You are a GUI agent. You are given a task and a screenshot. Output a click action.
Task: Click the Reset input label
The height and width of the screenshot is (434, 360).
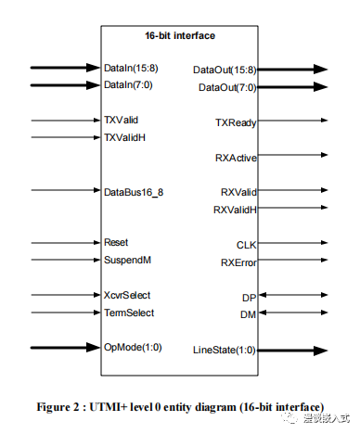[117, 243]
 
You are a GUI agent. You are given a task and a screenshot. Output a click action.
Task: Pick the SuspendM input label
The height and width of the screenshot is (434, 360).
[127, 260]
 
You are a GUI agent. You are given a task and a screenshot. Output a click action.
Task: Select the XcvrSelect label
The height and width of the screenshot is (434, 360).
[128, 295]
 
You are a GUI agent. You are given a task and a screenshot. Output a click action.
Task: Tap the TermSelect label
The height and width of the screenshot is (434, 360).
[129, 313]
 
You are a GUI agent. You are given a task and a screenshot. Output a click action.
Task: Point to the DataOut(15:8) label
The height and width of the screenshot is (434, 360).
[225, 70]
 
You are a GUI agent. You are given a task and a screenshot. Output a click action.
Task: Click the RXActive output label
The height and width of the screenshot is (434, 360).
[236, 157]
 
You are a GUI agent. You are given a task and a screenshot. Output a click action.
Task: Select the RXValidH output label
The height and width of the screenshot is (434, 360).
[235, 210]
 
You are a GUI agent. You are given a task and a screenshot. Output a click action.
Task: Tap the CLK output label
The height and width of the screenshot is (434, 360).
[247, 245]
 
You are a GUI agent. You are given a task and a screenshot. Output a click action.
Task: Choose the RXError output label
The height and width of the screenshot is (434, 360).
[238, 262]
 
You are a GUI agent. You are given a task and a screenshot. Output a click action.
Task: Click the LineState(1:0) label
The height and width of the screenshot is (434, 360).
[225, 351]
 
